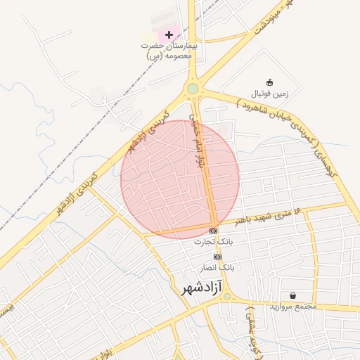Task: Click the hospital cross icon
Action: [169, 34]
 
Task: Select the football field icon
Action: [269, 82]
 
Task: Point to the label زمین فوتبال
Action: [270, 93]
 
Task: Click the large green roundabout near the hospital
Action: [193, 89]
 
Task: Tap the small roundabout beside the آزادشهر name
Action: [226, 297]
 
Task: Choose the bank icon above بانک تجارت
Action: [214, 231]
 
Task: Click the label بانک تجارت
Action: [214, 241]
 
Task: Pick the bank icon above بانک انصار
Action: [217, 257]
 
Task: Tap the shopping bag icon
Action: [292, 295]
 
